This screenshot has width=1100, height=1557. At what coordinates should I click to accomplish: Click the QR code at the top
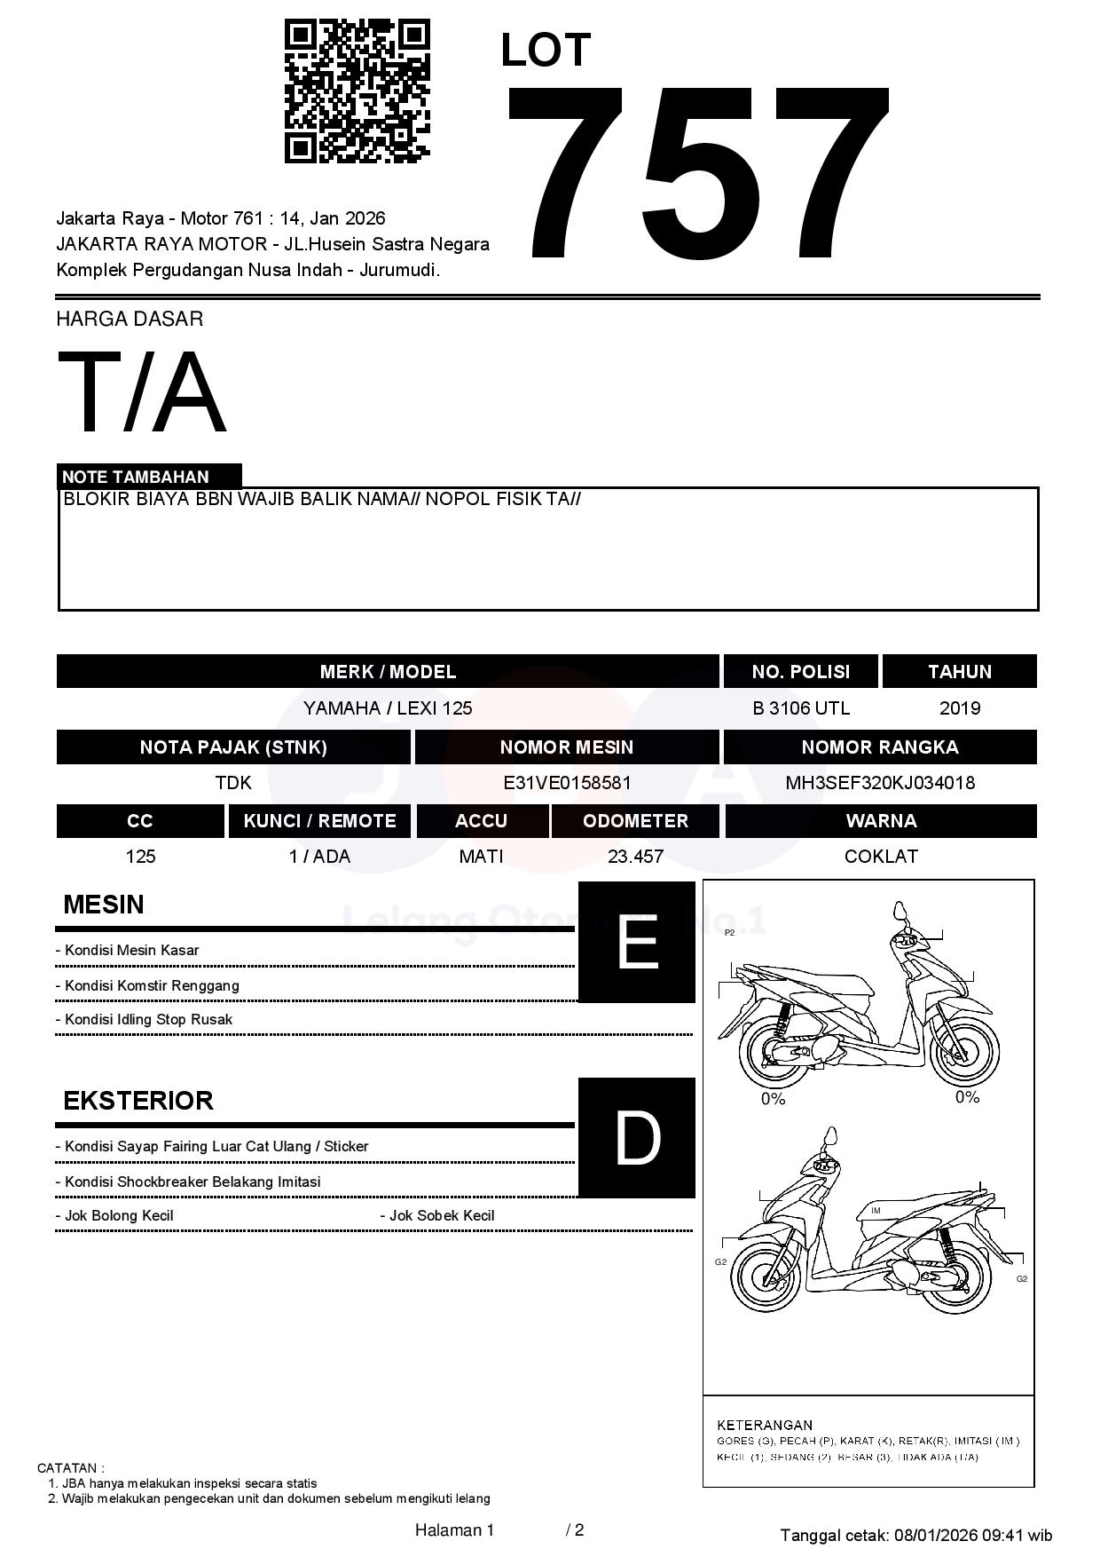(357, 91)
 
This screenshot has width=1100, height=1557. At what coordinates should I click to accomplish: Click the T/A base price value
(142, 393)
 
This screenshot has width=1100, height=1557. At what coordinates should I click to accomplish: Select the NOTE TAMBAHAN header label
(136, 477)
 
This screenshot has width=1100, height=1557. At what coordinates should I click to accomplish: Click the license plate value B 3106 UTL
(800, 708)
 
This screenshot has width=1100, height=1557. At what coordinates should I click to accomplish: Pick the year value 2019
(959, 708)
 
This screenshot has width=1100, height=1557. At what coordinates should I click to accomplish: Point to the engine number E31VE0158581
(567, 783)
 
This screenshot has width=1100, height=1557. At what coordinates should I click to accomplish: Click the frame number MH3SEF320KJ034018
(880, 783)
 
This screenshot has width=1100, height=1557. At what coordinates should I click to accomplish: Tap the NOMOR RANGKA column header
(880, 747)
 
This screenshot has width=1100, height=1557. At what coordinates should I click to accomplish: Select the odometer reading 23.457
(635, 857)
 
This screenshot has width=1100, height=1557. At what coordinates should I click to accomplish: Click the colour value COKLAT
(881, 857)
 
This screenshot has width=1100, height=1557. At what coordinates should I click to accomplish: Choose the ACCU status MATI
(481, 857)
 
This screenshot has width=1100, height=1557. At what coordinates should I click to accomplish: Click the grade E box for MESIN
(637, 942)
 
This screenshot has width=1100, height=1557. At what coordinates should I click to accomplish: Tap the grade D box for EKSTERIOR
(637, 1138)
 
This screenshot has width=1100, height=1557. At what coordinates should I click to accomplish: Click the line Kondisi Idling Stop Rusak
(148, 1020)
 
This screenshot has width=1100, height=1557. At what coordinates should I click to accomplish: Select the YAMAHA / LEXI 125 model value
(388, 708)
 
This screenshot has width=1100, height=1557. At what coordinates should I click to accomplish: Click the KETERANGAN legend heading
(765, 1425)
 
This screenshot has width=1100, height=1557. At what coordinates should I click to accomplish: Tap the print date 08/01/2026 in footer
(935, 1535)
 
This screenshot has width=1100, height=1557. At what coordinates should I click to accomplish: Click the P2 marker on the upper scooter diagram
(730, 933)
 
